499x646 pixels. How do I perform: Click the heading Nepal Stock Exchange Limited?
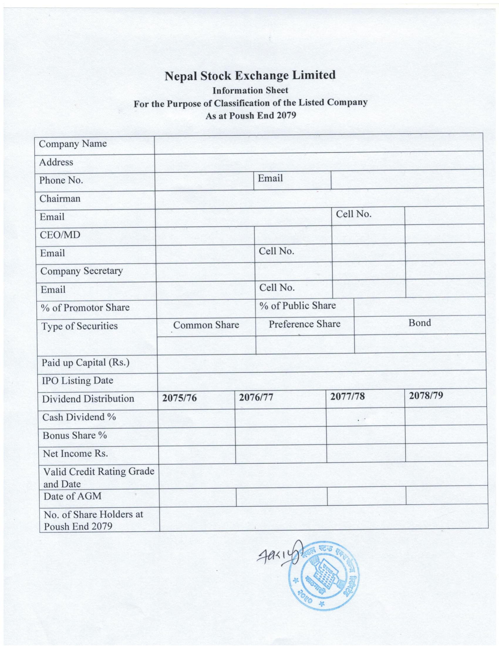(x=250, y=76)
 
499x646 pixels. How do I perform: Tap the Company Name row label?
(x=73, y=144)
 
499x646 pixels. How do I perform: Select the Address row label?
(x=56, y=162)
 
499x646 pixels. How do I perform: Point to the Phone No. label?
(x=61, y=180)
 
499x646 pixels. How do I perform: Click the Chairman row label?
(x=60, y=198)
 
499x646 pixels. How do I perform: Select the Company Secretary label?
(x=82, y=271)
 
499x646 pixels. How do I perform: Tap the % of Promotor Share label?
(x=85, y=308)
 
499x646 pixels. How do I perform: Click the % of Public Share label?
(x=297, y=306)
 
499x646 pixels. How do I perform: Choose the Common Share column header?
(x=206, y=325)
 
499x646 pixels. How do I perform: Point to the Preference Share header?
(x=304, y=324)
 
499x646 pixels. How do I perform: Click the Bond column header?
(x=419, y=323)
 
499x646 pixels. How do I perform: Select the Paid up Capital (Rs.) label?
(x=85, y=363)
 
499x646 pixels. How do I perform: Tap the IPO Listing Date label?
(x=77, y=380)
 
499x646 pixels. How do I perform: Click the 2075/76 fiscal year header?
(x=179, y=398)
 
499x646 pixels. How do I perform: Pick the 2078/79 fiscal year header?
(x=426, y=396)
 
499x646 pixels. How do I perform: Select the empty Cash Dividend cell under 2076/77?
(x=280, y=418)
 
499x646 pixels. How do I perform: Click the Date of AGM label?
(x=73, y=496)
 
